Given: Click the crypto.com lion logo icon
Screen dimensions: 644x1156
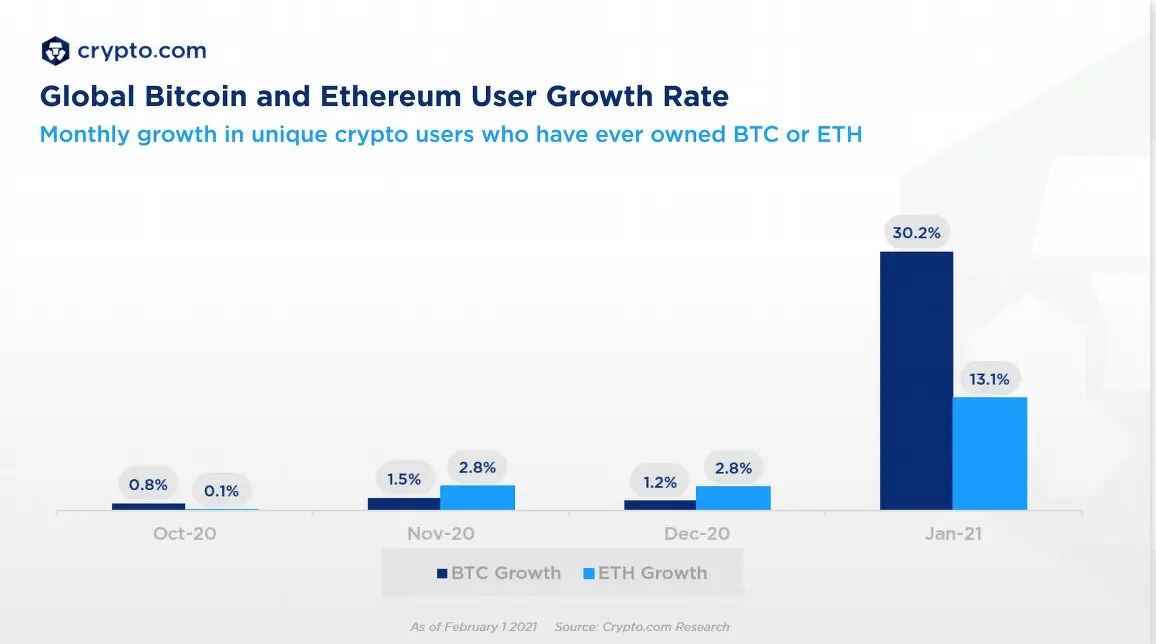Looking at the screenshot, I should coord(55,50).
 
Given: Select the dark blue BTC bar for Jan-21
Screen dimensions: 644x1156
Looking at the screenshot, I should coord(916,381).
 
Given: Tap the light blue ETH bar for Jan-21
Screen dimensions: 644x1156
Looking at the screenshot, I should coord(990,454).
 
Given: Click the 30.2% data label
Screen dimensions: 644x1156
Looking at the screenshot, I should coord(916,233).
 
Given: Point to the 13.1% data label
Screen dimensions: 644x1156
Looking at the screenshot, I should coord(989,379).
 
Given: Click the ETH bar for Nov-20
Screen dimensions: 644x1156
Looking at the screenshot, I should coord(477,498).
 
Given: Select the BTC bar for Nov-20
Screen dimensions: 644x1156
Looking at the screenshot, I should coord(404,504).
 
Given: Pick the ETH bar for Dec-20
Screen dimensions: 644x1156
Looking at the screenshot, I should coord(733,498).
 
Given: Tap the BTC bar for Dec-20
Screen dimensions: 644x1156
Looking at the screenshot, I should coord(660,505).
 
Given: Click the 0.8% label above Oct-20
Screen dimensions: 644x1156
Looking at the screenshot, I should coord(148,485).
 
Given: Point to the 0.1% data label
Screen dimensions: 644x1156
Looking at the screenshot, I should coord(221,491).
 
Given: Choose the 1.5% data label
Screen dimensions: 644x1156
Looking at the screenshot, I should coord(404,479).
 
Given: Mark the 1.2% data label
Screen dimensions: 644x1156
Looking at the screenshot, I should coord(660,482).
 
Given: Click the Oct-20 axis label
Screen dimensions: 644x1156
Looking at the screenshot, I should coord(184,534).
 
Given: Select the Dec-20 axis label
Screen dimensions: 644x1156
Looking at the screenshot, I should coord(697,534).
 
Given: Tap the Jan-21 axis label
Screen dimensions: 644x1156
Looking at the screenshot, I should coord(953,534).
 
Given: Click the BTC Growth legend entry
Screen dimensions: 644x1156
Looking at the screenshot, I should coord(499,573).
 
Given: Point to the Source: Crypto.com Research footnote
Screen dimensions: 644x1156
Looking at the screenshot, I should coord(641,627).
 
